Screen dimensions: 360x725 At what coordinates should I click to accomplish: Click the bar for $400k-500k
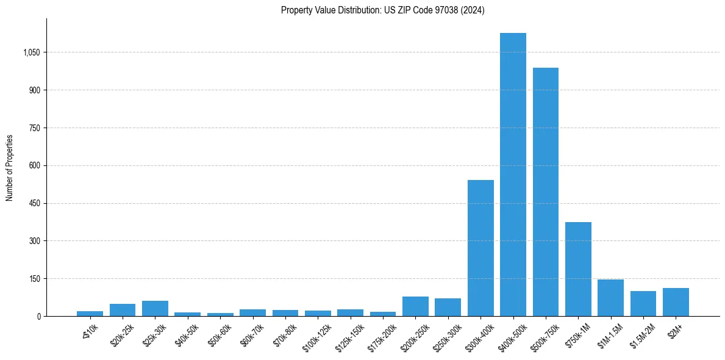pos(513,175)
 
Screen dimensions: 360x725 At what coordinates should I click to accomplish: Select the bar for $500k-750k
pos(546,192)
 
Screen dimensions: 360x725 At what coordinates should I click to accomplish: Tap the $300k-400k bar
pos(480,248)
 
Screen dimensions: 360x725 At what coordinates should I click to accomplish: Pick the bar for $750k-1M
pos(578,269)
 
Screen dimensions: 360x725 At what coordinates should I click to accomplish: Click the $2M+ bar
pos(676,302)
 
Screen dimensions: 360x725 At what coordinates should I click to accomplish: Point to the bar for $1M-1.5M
pos(610,298)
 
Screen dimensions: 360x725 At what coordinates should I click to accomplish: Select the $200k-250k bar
pos(415,306)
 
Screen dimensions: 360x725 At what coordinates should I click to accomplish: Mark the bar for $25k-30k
pos(155,309)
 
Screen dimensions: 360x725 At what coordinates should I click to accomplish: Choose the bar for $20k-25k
pos(123,310)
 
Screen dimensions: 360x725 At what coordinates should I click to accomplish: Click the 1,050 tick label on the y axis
pos(31,52)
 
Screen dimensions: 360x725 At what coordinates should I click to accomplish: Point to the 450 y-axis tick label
pos(34,203)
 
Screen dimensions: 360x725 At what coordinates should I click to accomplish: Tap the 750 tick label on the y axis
pos(34,128)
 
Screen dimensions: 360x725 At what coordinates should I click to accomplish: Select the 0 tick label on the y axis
pos(38,316)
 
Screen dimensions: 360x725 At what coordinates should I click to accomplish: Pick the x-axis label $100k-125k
pos(316,335)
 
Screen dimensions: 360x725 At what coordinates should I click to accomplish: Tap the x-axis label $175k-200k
pos(381,335)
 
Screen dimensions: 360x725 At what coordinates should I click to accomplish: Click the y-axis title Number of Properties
pos(10,168)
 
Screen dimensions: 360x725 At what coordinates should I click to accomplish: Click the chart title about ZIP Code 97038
pos(383,10)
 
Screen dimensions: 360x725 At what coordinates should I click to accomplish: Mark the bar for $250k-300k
pos(448,308)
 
